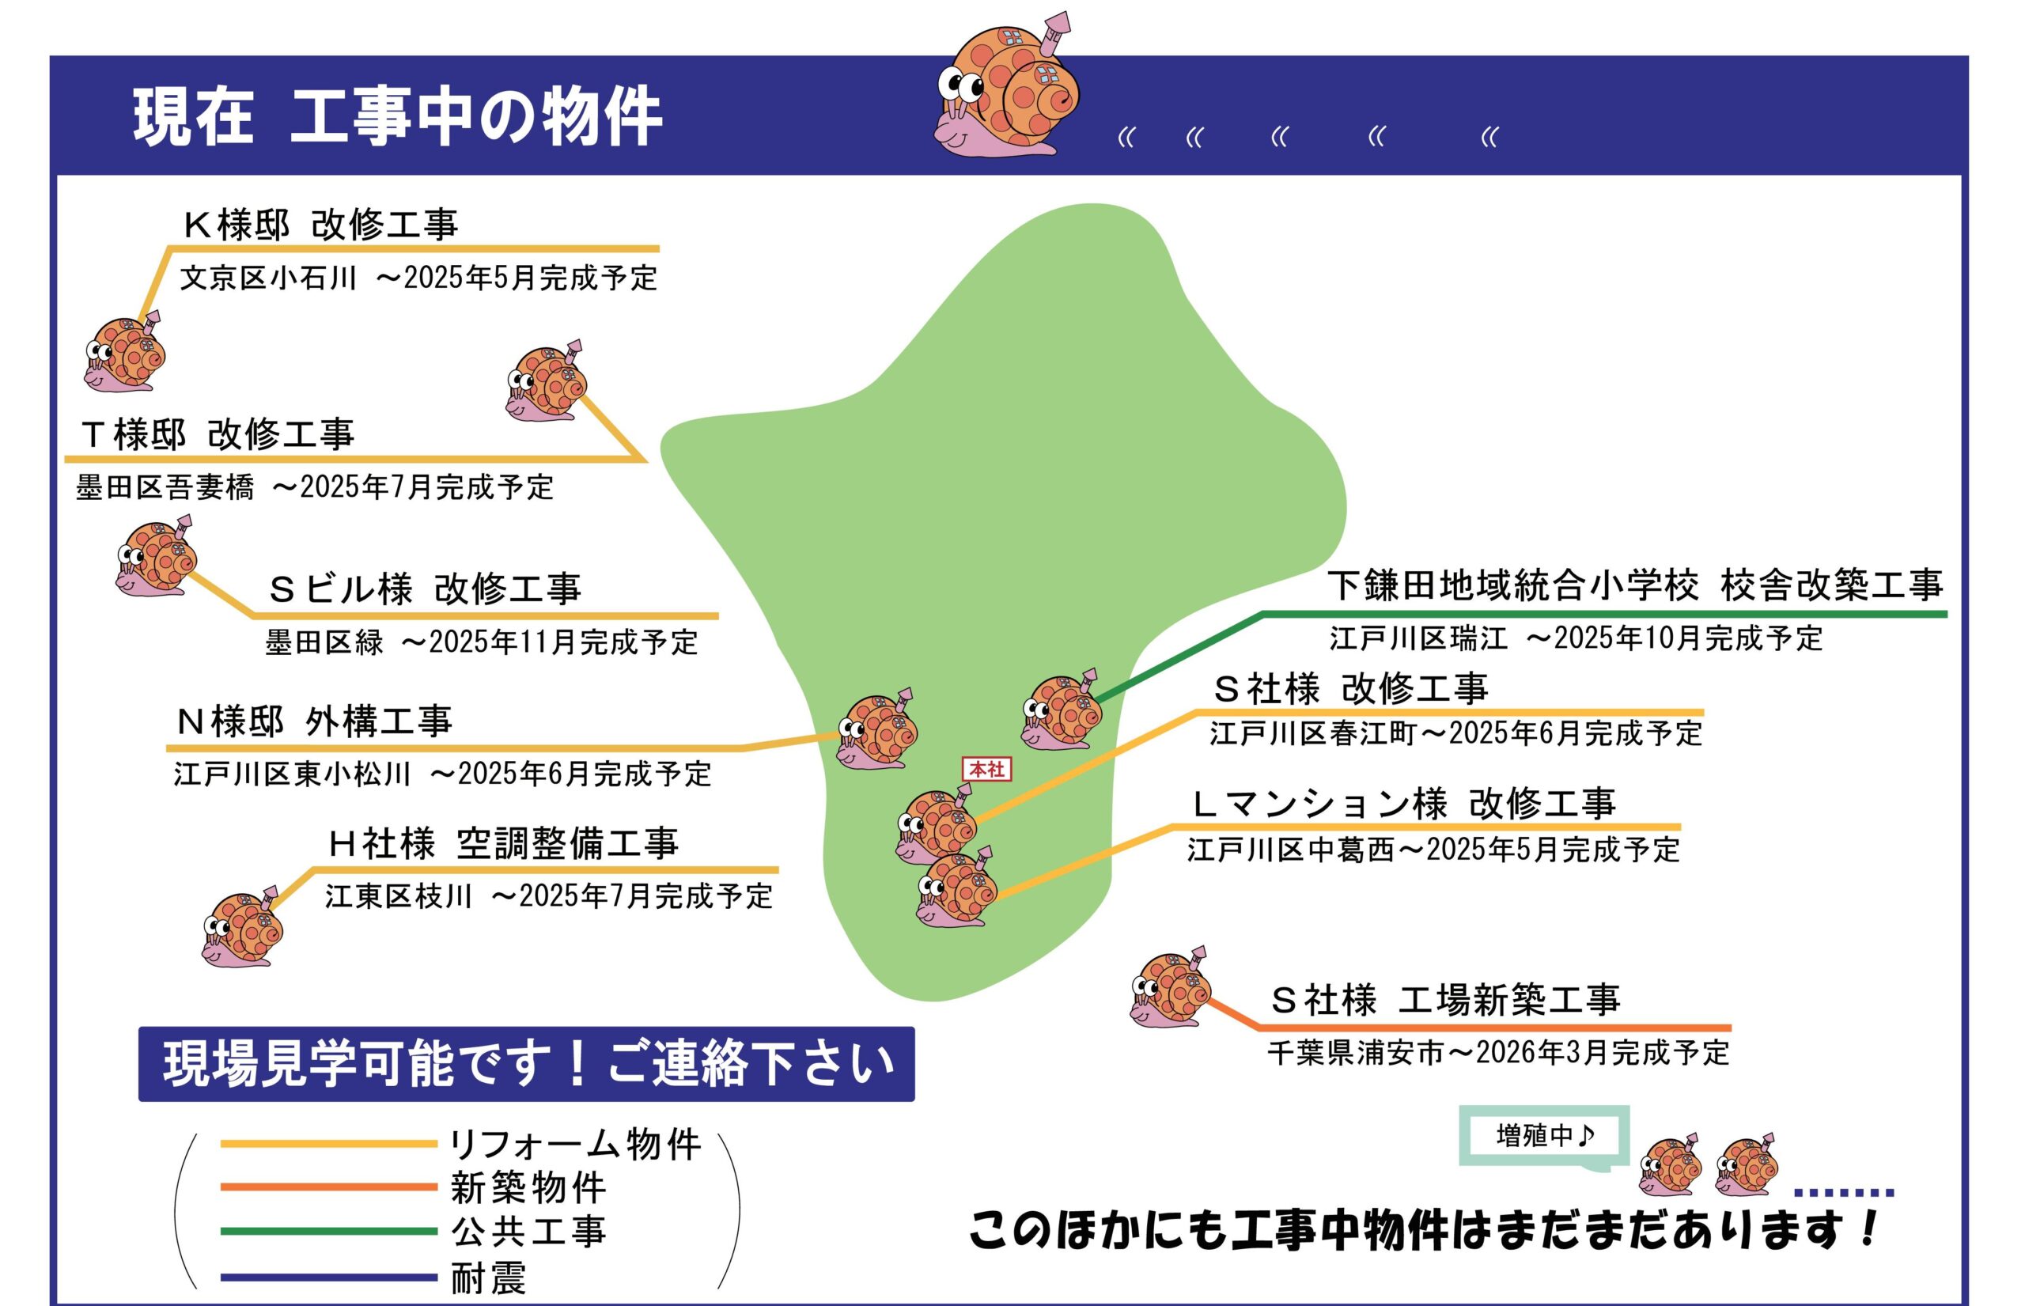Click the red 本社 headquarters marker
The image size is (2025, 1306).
pos(986,769)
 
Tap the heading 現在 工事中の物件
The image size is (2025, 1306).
pos(397,116)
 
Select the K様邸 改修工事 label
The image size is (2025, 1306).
pos(320,225)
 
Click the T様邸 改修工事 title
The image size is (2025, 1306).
pos(217,434)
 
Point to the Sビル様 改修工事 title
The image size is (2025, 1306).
pos(425,589)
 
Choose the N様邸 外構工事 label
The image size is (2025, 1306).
pos(314,721)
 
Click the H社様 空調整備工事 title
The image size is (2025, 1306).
pos(504,843)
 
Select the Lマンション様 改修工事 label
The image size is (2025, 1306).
pos(1403,803)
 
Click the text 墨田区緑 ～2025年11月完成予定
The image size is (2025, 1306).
pos(482,643)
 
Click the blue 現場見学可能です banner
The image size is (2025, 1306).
pos(526,1064)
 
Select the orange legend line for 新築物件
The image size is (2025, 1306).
pos(328,1187)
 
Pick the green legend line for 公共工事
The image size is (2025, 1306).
pos(328,1232)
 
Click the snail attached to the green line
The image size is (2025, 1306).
pos(1061,710)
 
